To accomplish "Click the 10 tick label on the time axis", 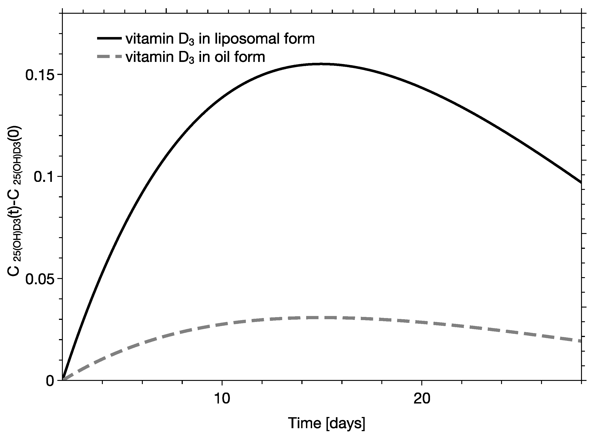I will pyautogui.click(x=222, y=398).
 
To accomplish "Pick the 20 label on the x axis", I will pyautogui.click(x=422, y=398).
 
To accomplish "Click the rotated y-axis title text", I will pyautogui.click(x=15, y=201).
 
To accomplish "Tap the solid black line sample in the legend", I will pyautogui.click(x=109, y=38).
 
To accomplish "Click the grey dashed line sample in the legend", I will pyautogui.click(x=109, y=56).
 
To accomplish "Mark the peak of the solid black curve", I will pyautogui.click(x=321, y=64).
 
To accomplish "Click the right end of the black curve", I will pyautogui.click(x=581, y=182).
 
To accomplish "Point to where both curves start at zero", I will pyautogui.click(x=63, y=380).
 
